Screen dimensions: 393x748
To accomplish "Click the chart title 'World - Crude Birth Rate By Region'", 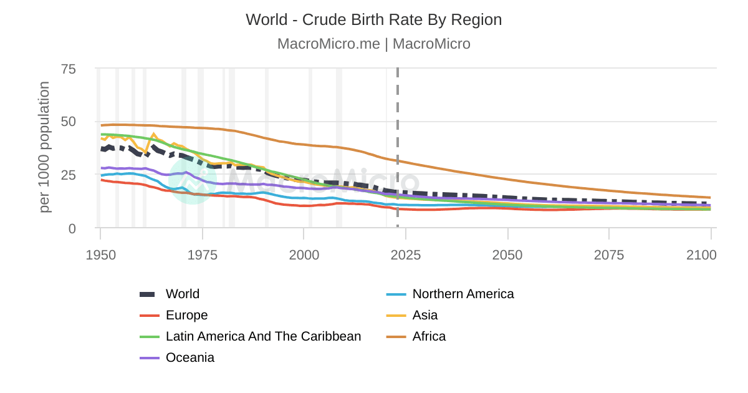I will pos(373,19).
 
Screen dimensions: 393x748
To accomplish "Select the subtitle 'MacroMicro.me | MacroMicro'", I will pos(373,44).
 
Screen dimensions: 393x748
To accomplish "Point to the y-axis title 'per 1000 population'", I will pos(44,147).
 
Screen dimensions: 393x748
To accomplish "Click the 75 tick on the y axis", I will pos(68,69).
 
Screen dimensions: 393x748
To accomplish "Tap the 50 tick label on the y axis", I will pos(68,122).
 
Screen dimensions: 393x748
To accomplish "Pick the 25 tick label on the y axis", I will pos(68,175).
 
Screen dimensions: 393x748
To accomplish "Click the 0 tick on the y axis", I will pos(72,228).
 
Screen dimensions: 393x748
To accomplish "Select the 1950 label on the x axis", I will pos(100,255).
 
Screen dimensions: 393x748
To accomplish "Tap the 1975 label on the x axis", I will pos(202,255).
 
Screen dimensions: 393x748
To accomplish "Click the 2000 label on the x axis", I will pos(304,255).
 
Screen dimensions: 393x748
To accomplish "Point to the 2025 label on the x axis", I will pos(406,255).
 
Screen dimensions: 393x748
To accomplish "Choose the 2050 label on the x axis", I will pos(507,255).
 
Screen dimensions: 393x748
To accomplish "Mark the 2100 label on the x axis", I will pos(702,255).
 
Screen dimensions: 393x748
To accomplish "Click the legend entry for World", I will pos(182,294).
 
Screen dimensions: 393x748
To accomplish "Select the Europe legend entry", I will pos(186,315).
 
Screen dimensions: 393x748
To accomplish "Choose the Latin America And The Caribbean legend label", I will pos(263,336).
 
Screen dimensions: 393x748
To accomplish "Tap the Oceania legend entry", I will pos(189,357).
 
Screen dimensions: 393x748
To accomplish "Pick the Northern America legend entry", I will pos(463,294).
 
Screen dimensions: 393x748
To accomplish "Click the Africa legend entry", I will pos(429,336).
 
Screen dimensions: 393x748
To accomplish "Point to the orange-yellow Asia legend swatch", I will pos(396,315).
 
